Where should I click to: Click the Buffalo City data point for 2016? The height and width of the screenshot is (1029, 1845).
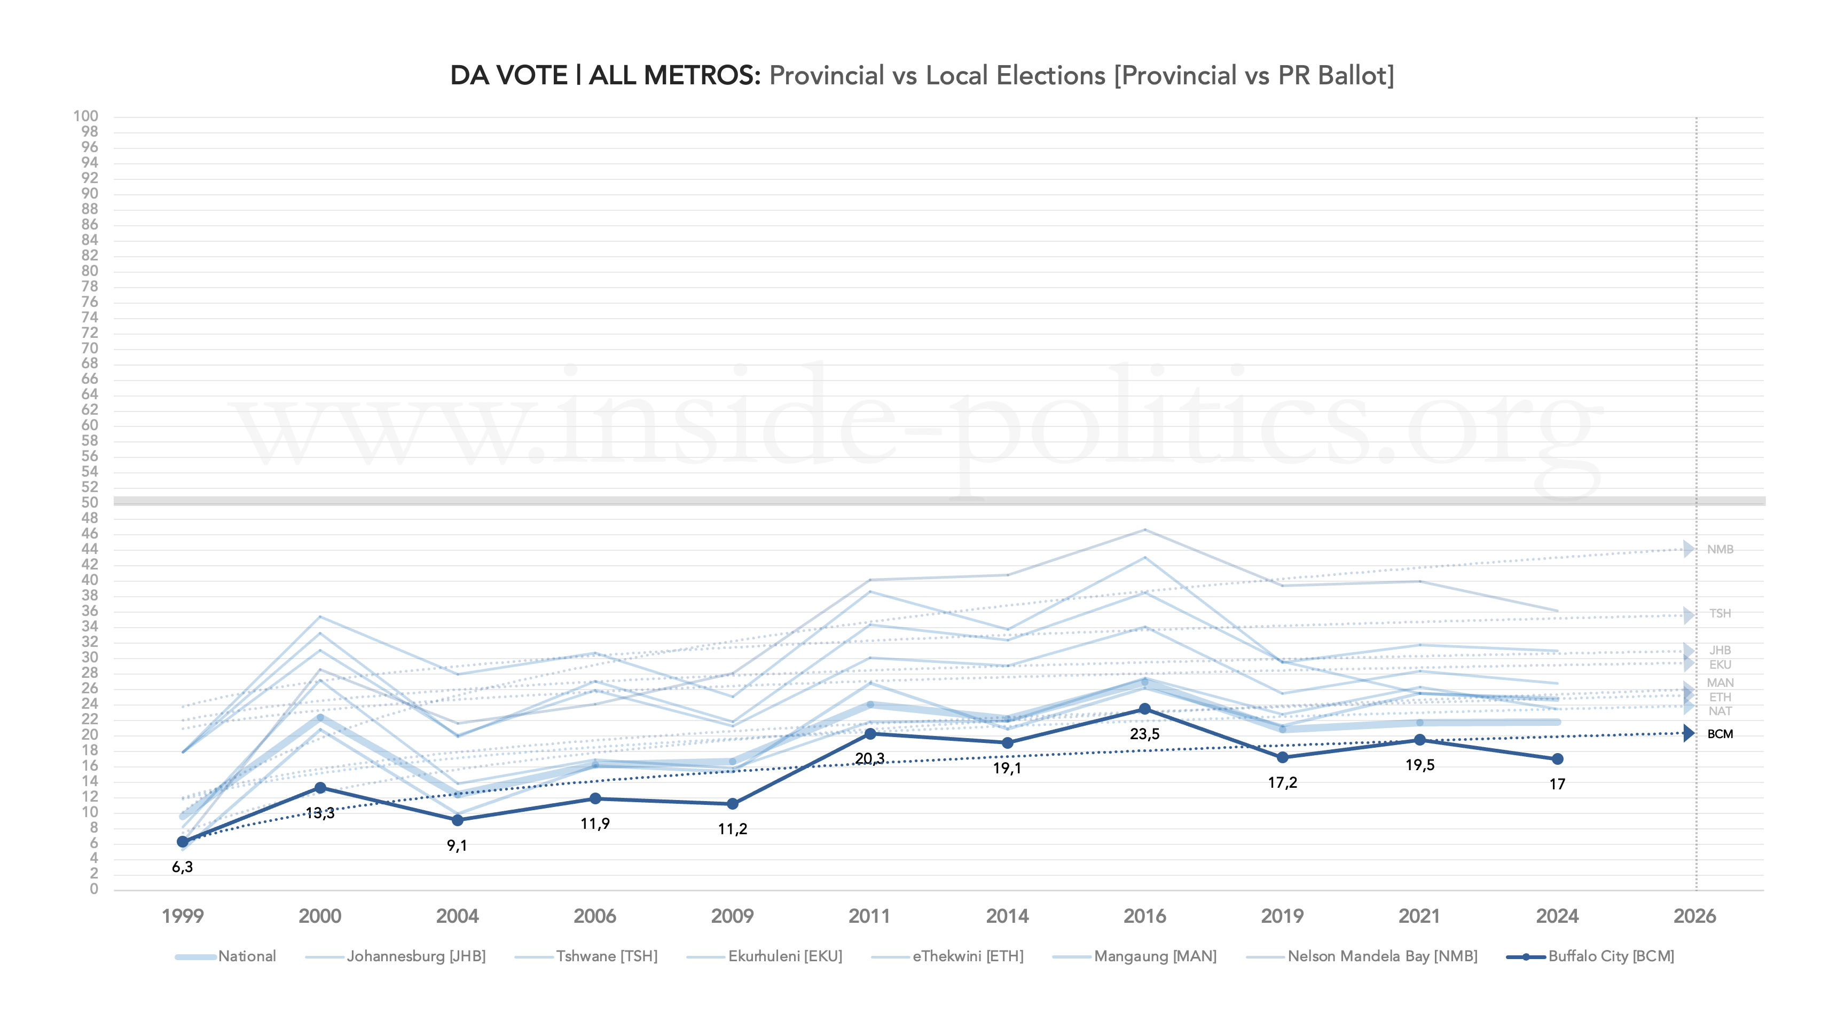click(x=1144, y=709)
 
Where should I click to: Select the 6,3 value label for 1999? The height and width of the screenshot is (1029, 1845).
click(x=182, y=867)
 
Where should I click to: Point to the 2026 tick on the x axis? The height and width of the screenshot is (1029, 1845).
click(x=1694, y=916)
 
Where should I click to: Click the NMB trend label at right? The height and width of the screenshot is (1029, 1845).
click(x=1720, y=549)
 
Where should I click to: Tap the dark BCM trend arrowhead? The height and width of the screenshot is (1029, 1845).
click(x=1689, y=733)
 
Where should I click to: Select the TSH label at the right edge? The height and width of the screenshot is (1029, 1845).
click(x=1720, y=614)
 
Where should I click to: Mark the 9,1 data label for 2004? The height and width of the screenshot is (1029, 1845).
click(x=457, y=846)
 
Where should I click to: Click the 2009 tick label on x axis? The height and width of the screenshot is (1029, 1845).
click(x=732, y=916)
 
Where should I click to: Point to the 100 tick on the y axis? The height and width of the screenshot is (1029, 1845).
click(x=86, y=116)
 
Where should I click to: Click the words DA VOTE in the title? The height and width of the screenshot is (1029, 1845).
click(x=508, y=75)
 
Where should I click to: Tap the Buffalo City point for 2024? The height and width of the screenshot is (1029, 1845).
click(x=1557, y=759)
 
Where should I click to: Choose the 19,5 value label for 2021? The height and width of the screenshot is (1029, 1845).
click(x=1419, y=765)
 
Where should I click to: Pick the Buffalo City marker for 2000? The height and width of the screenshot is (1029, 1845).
click(x=320, y=788)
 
